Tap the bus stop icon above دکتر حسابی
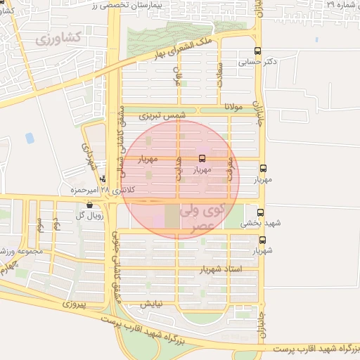coord(258,51)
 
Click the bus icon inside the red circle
coord(202,158)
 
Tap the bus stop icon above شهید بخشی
coord(260,212)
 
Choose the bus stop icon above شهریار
coord(262,240)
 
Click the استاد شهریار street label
coord(221,269)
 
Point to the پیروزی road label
coord(72,304)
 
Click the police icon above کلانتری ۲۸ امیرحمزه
coord(103,179)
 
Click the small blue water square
coord(30,138)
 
